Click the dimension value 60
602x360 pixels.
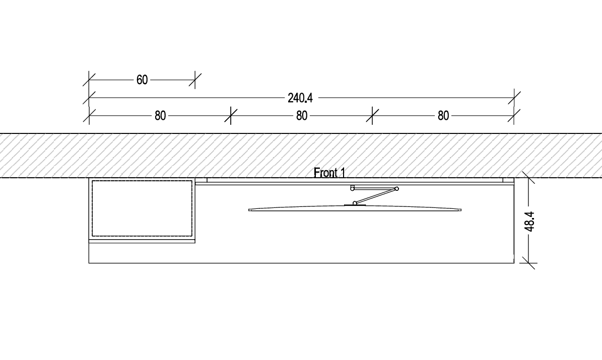point(142,80)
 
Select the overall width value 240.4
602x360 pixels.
point(300,98)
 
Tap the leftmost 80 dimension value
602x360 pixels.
point(160,116)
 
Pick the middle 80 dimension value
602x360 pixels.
point(302,116)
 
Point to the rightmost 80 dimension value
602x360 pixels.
point(443,116)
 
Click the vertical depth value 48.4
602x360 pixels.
point(529,221)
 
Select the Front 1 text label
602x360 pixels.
point(329,173)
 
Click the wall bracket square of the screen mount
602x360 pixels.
point(352,188)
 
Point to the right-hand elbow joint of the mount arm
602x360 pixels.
point(396,189)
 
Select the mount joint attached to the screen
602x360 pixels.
point(355,203)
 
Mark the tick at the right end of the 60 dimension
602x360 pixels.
point(195,80)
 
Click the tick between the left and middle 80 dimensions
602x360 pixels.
point(231,115)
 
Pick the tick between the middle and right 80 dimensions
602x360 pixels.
point(372,115)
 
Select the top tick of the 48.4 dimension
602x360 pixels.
point(528,178)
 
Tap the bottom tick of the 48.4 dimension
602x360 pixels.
point(528,262)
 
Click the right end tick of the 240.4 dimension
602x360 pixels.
point(514,97)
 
